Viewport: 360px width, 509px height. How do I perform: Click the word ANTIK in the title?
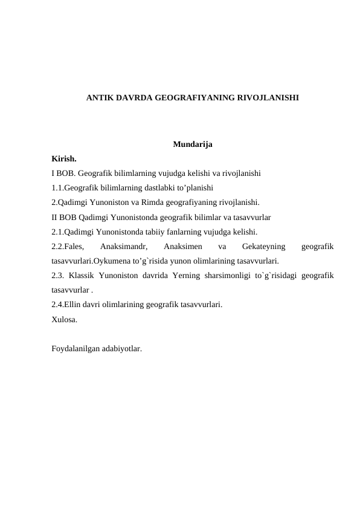coord(98,97)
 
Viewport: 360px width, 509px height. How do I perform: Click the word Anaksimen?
coord(182,247)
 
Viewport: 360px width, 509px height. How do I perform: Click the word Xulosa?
coord(64,320)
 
